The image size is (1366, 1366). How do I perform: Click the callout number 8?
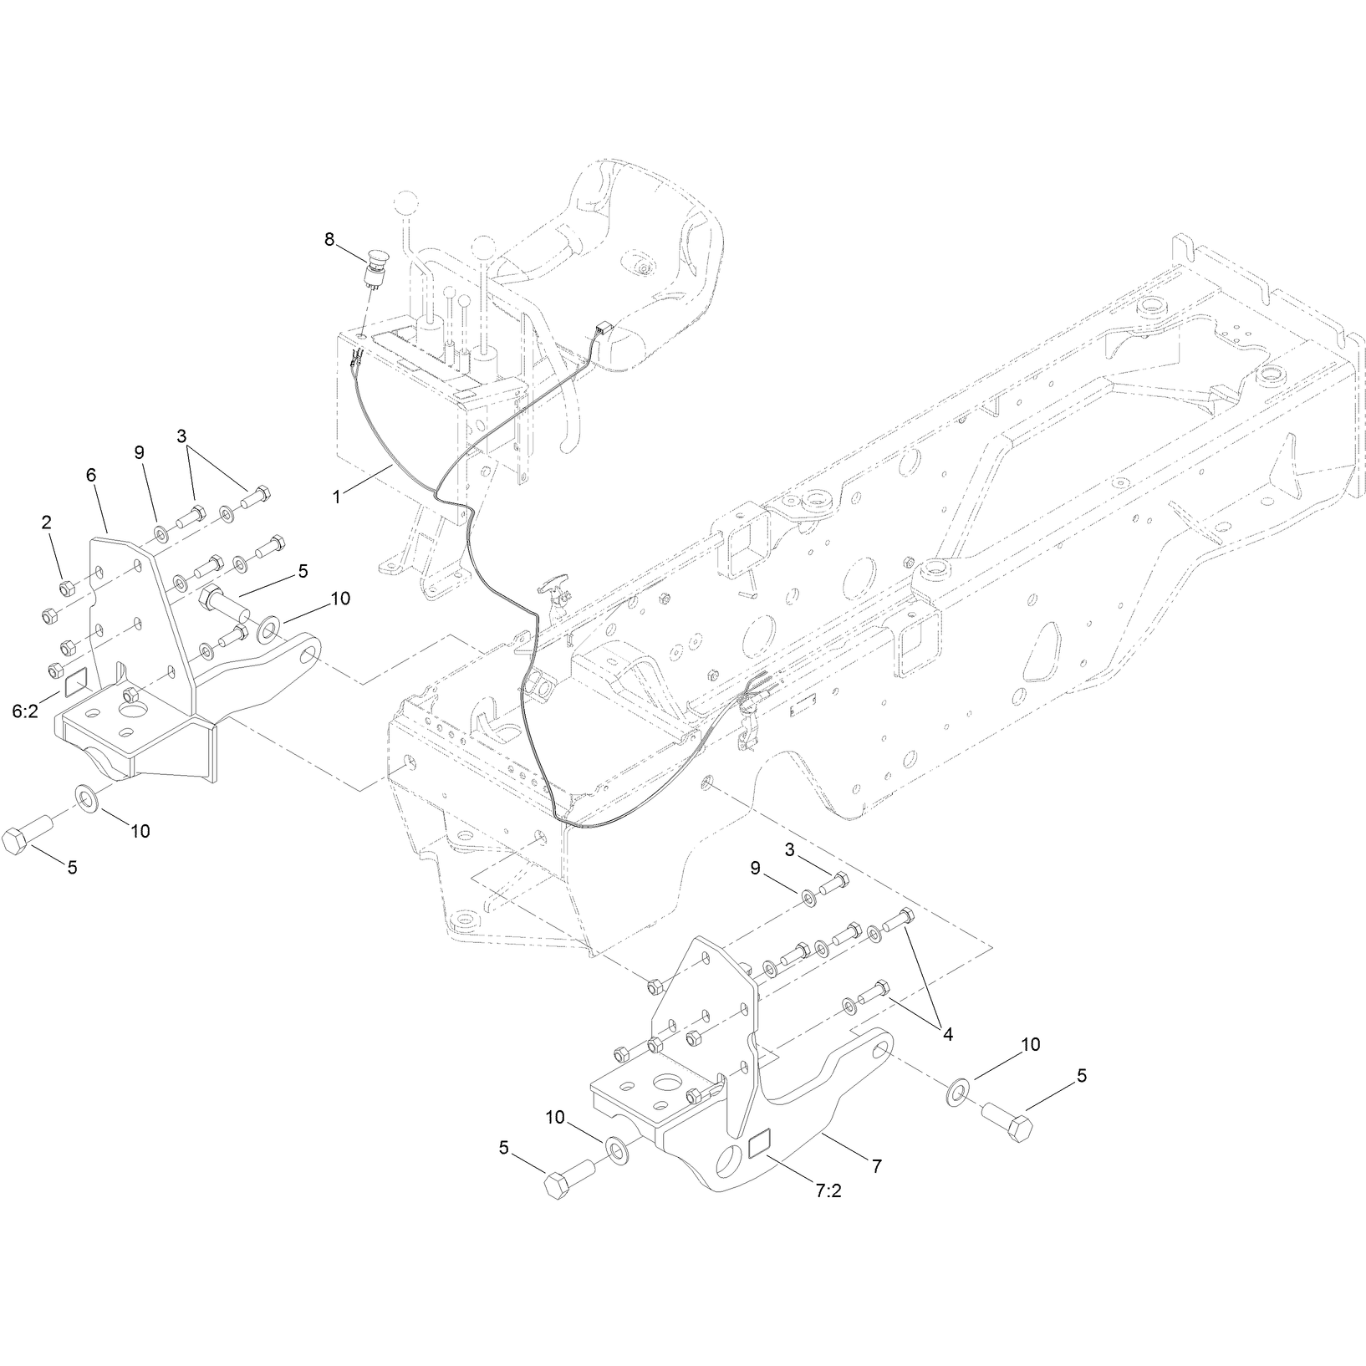coord(329,239)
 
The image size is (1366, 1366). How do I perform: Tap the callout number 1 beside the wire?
coord(336,497)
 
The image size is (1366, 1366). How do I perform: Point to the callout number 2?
coord(47,522)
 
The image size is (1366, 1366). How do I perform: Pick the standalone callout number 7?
coord(876,1166)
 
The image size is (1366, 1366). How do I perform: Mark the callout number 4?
coord(947,1034)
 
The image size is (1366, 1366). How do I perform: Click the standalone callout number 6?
coord(91,474)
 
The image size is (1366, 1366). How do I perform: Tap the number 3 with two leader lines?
coord(181,436)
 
